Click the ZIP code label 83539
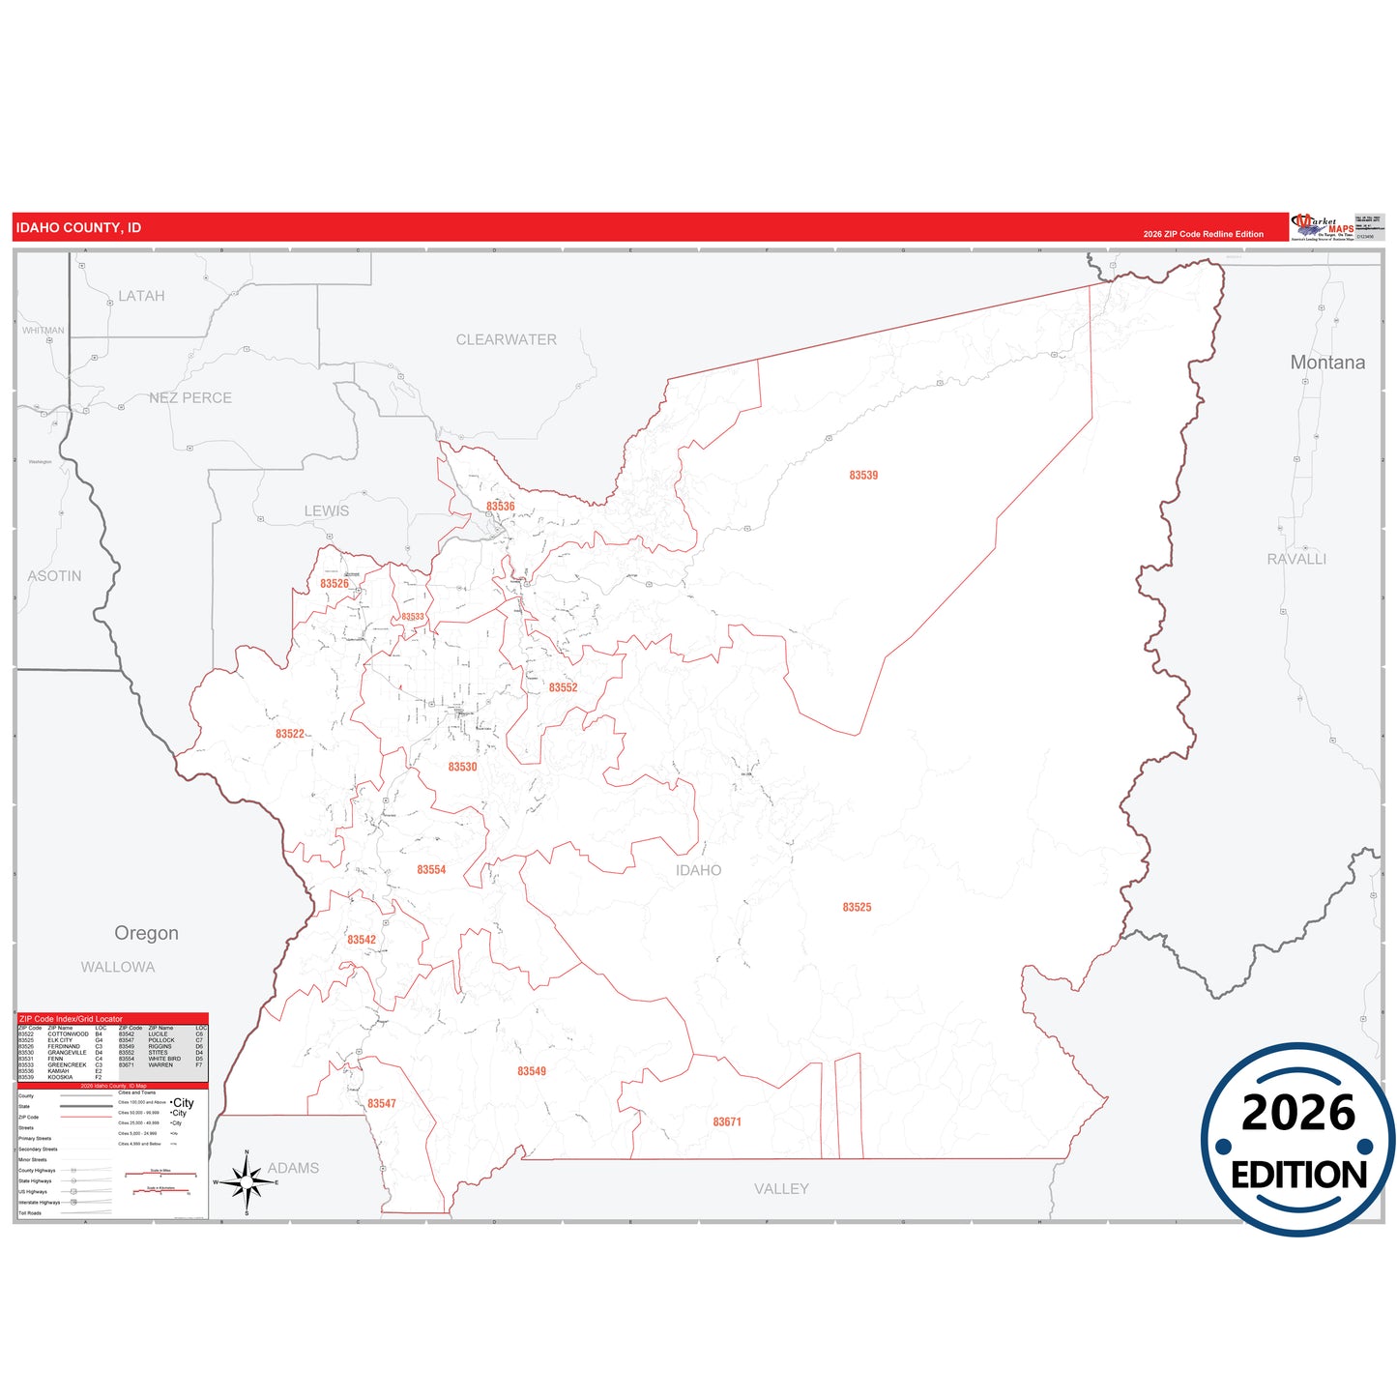coord(863,476)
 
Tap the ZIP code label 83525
coord(857,908)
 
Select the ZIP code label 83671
coord(727,1122)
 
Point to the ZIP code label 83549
coord(532,1071)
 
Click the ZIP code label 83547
coord(382,1104)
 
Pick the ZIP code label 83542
coord(362,940)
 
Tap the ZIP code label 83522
coord(290,734)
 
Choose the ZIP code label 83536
coord(501,507)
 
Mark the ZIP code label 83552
coord(563,688)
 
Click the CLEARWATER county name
coord(507,340)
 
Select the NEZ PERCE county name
coord(190,398)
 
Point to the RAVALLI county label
coord(1296,560)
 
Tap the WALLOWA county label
coord(118,968)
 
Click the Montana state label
coord(1327,363)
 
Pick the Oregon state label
coord(146,933)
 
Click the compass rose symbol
coord(247,1181)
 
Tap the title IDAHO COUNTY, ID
coord(78,228)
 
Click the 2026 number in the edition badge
coord(1298,1113)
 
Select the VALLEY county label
coord(781,1189)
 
